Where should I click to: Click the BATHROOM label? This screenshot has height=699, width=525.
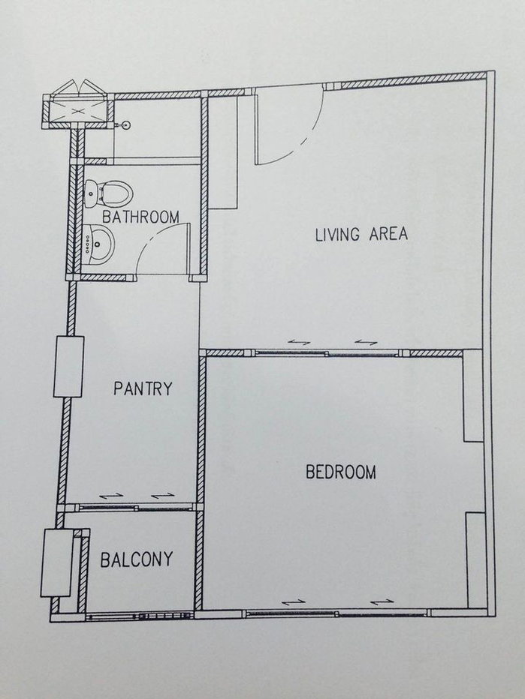[140, 217]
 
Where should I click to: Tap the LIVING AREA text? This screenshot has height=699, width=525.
[361, 234]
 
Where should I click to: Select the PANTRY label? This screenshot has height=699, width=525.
[143, 388]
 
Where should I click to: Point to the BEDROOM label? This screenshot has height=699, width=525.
[341, 472]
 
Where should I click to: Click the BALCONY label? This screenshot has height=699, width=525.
[137, 559]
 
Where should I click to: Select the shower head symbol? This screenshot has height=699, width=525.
[125, 125]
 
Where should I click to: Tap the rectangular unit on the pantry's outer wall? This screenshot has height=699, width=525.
[69, 367]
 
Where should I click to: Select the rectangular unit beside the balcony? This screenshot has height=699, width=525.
[56, 562]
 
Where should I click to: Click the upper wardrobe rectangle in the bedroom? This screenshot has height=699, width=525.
[473, 396]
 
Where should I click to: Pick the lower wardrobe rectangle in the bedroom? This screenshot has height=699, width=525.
[475, 560]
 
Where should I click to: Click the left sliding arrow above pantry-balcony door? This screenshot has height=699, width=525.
[110, 496]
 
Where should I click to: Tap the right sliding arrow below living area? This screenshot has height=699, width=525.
[366, 342]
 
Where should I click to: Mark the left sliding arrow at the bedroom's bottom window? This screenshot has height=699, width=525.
[294, 602]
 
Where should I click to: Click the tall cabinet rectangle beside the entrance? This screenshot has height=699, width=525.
[223, 152]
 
